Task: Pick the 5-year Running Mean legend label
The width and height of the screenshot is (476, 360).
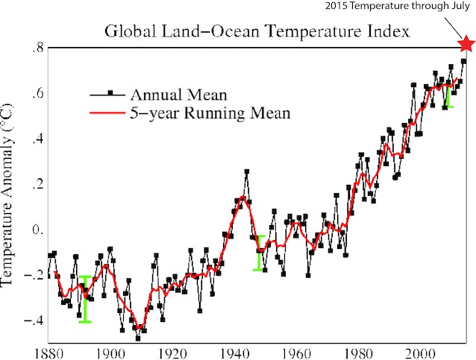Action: point(200,113)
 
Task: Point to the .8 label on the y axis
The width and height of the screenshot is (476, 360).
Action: point(32,49)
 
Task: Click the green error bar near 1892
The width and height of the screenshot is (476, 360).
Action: point(85,299)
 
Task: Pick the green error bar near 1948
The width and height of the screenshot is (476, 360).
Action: point(260,253)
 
